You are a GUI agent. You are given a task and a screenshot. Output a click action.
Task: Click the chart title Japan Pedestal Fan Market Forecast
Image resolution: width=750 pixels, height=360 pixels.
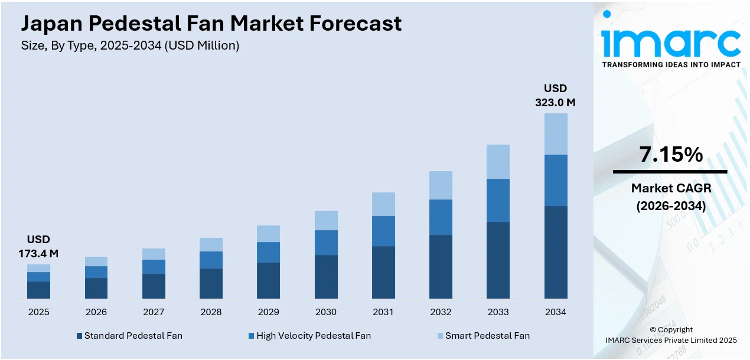211,23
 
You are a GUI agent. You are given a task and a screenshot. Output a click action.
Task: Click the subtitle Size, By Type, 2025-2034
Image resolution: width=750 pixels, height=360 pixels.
130,46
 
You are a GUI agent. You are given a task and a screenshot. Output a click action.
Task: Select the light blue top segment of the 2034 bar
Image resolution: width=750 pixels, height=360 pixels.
556,134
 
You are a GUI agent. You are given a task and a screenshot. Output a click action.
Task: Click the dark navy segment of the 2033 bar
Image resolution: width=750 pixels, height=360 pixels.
498,260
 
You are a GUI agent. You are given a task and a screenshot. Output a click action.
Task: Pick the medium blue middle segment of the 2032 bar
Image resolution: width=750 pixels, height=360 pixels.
441,217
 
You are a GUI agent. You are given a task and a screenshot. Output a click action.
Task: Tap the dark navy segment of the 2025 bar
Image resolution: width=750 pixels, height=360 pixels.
38,290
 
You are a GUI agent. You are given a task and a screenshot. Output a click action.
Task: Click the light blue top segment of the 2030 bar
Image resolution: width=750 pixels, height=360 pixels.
326,220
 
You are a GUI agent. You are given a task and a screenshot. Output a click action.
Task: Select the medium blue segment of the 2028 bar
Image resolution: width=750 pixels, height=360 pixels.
211,260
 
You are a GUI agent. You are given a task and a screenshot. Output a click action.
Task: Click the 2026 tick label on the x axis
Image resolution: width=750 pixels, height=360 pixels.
96,312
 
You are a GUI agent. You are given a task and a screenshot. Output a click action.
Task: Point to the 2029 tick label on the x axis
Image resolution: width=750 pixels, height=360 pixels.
268,312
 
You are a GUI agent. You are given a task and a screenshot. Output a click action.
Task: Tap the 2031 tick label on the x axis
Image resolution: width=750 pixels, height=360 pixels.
383,312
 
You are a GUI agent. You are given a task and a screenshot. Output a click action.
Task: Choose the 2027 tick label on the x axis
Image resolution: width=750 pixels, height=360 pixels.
154,312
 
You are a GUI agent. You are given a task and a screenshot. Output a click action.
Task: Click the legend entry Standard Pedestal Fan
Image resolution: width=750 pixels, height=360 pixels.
133,336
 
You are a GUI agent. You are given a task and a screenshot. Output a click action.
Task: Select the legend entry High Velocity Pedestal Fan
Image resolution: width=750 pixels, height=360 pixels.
313,336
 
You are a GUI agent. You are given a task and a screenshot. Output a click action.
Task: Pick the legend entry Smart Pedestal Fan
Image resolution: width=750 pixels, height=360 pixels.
487,336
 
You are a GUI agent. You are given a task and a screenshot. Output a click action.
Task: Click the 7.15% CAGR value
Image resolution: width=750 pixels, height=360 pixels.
670,155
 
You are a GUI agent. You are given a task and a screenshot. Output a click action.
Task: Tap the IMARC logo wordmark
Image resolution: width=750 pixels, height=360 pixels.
670,42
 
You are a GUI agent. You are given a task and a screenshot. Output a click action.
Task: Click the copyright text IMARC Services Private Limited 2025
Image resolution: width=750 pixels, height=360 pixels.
671,340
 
